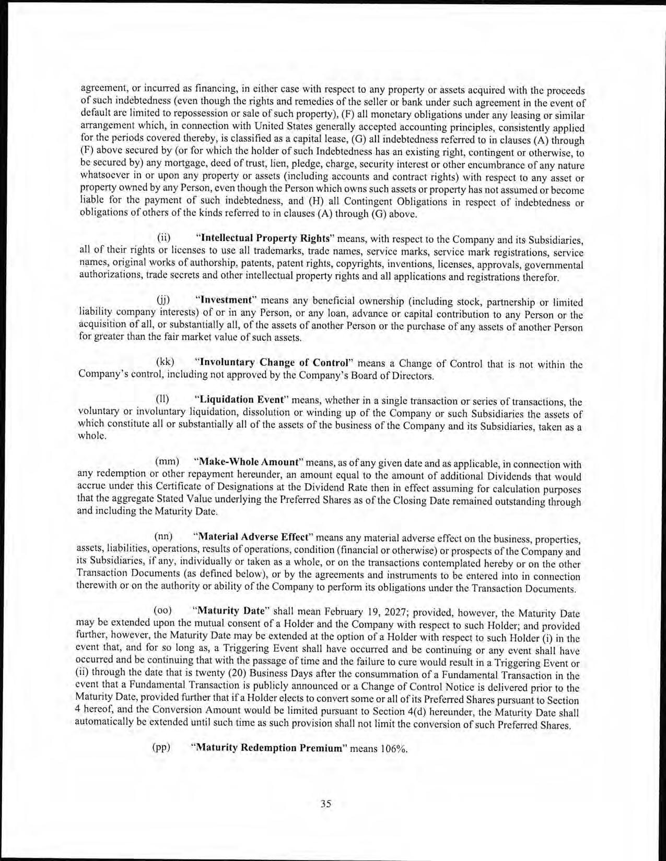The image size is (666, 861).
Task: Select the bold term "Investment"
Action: [x=223, y=301]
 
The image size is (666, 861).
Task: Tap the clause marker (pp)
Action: [x=161, y=747]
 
